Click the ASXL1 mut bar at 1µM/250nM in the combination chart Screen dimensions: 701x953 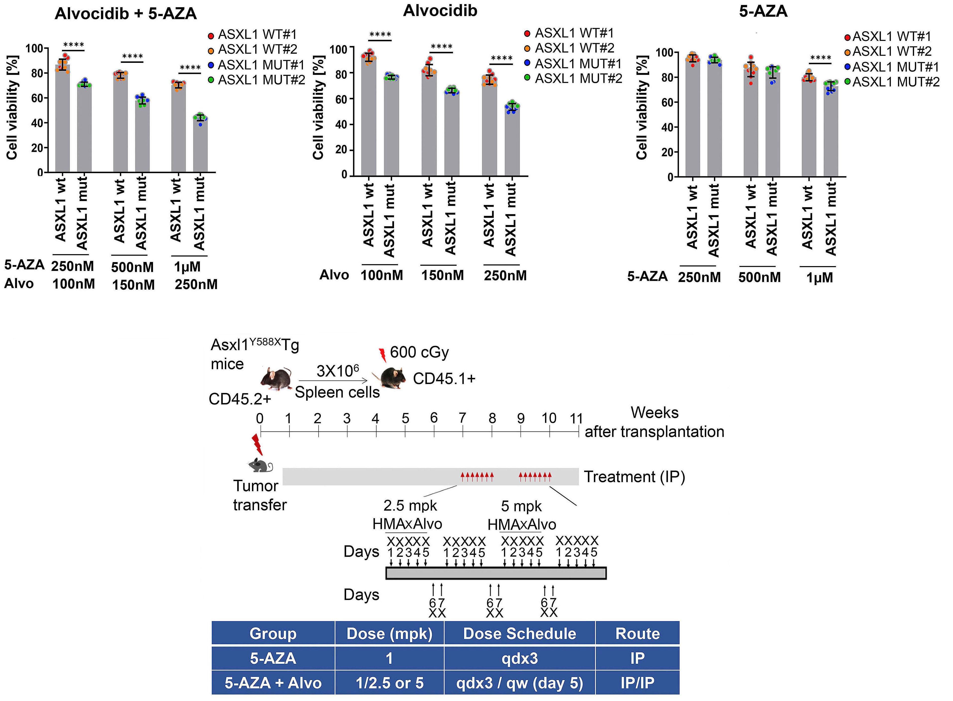[200, 144]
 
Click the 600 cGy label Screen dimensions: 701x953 [419, 352]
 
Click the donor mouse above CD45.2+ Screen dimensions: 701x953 [276, 378]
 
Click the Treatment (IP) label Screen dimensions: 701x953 [634, 477]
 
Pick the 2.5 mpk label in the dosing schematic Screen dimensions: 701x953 [410, 506]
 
